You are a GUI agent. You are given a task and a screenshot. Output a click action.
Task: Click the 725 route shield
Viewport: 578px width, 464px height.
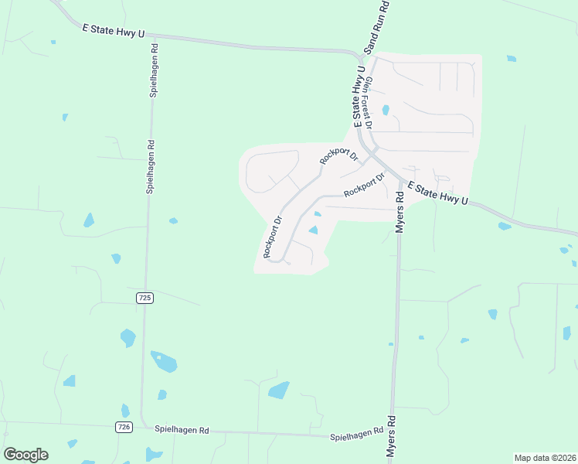coord(144,298)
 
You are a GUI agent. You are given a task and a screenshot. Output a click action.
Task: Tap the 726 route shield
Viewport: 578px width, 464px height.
coord(124,427)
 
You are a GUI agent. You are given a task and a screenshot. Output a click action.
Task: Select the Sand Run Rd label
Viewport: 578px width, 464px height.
coord(376,26)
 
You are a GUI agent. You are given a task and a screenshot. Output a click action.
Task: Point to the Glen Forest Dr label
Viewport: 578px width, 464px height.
coord(369,102)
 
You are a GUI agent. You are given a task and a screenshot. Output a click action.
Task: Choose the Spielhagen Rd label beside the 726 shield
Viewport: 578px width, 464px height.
coord(182,429)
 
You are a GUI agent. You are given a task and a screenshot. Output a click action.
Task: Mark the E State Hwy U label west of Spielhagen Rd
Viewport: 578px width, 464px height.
coord(114,29)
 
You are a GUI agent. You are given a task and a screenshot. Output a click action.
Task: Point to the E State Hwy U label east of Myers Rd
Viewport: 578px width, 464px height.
coord(438,193)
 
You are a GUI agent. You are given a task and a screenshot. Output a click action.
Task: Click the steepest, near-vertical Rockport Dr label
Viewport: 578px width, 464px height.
coord(273,236)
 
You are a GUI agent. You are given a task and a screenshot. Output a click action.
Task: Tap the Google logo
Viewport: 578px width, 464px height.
coord(25,455)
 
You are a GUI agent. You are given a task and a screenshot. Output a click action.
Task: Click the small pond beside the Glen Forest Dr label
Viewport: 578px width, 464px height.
coord(386,110)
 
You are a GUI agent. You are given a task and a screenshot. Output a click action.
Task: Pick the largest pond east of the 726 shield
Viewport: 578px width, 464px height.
coord(164,361)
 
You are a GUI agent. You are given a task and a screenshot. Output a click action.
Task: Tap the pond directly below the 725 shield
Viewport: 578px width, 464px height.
coord(128,338)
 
